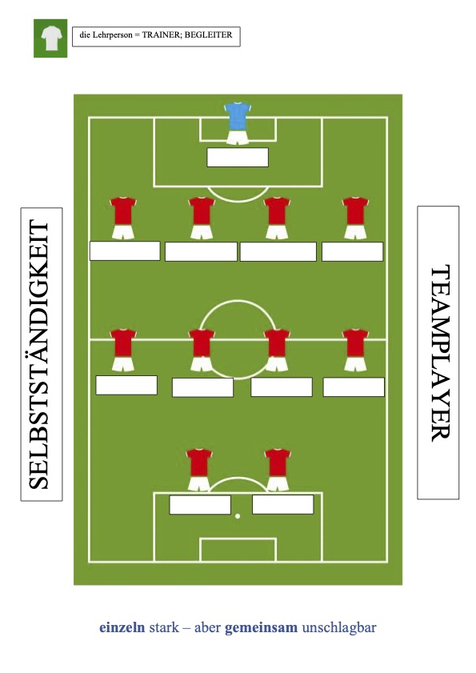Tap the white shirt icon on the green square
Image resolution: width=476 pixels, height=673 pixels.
(x=51, y=38)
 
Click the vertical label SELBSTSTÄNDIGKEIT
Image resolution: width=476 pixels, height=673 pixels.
(x=39, y=355)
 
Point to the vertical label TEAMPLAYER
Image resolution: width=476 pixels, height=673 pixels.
(x=440, y=353)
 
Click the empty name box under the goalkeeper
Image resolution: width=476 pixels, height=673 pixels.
(x=238, y=157)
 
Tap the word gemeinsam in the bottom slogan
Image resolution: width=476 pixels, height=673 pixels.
(x=261, y=627)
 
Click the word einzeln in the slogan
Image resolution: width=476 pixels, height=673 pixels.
(x=122, y=627)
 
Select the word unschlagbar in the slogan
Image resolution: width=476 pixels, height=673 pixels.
(x=339, y=627)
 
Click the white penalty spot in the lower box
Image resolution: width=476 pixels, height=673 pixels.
(x=238, y=516)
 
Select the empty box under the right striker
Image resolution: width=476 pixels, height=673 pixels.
(x=282, y=504)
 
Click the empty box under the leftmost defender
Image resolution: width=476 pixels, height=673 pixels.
(x=125, y=251)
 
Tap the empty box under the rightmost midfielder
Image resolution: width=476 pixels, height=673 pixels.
(x=354, y=387)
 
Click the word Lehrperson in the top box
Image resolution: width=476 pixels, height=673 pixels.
(x=112, y=34)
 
